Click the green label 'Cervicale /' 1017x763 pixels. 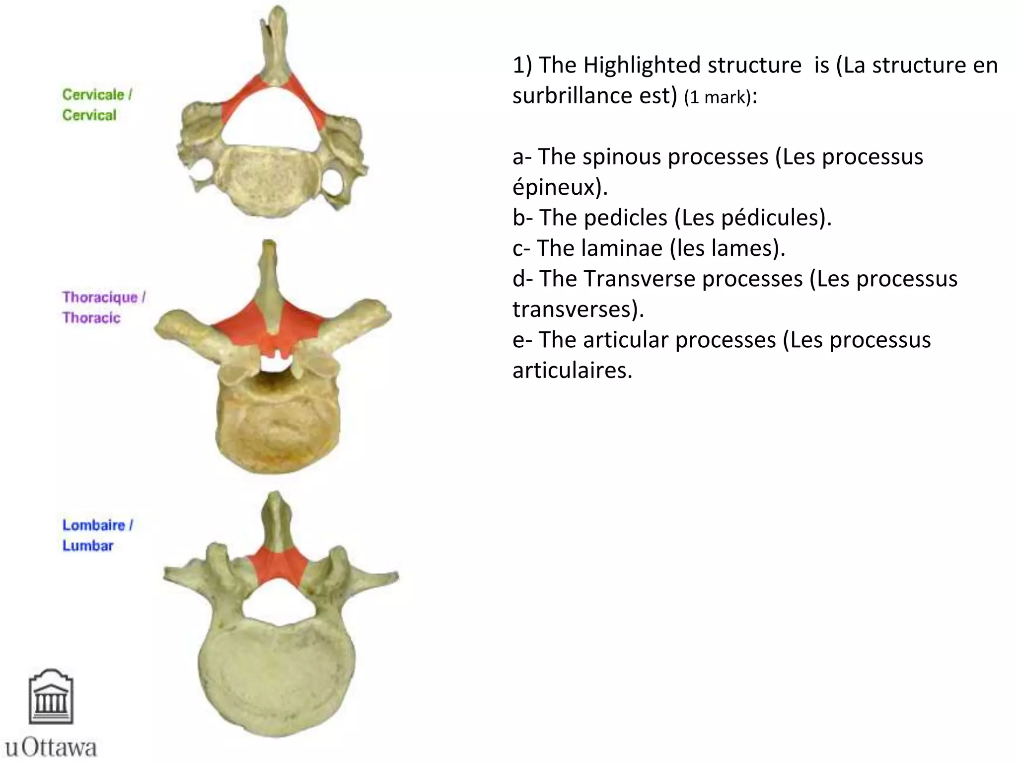tap(97, 94)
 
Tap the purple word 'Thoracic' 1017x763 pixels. tap(91, 318)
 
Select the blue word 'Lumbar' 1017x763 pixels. tap(88, 545)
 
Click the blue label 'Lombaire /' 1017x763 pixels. tap(97, 525)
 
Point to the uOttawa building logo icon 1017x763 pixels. tap(51, 696)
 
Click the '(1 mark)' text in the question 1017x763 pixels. tap(717, 97)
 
